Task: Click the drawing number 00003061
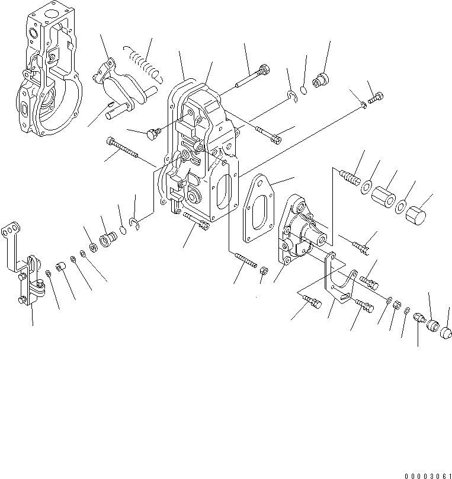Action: (427, 475)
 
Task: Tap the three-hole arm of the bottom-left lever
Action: (10, 230)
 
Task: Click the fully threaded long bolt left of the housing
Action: (123, 149)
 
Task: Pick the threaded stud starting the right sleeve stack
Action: (351, 177)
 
